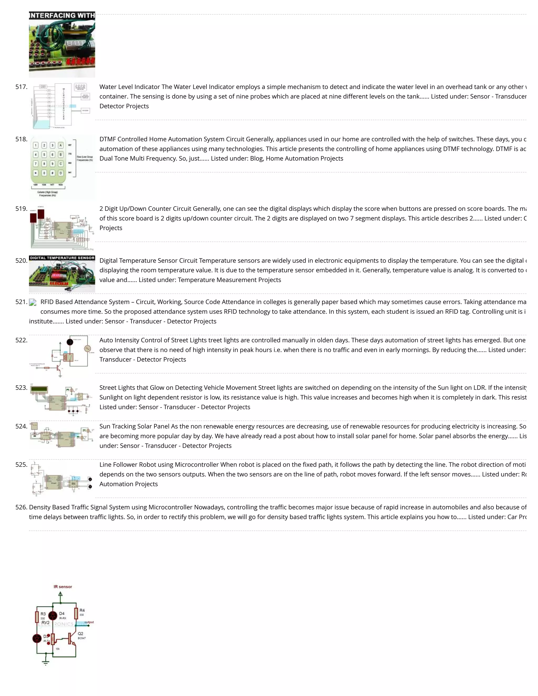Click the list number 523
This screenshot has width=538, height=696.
[x=21, y=388]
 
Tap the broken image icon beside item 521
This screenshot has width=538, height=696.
[x=33, y=302]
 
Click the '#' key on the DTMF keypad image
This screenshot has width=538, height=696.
[x=52, y=173]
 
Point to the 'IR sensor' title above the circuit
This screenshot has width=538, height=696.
[x=63, y=587]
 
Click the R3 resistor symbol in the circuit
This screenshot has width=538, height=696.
[x=37, y=617]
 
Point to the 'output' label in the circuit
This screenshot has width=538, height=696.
[x=89, y=622]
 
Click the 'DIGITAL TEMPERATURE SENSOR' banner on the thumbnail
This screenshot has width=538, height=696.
[x=62, y=258]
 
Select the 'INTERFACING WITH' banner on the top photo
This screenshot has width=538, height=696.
[x=62, y=15]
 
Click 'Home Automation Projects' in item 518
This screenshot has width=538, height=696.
[x=304, y=159]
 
